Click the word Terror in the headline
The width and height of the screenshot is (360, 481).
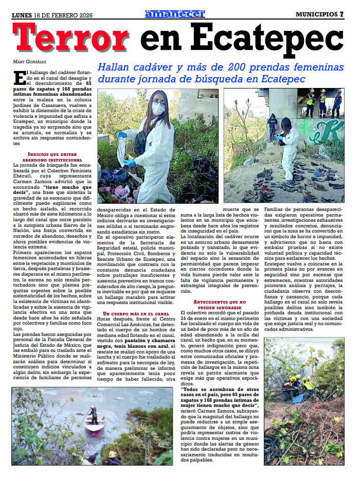point(71,38)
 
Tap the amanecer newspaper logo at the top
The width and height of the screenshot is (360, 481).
point(174,14)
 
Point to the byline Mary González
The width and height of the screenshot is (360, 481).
point(28,62)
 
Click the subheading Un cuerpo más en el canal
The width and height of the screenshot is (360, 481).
point(136,313)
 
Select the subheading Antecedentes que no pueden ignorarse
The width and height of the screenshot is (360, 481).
point(220,305)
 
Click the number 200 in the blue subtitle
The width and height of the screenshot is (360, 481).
point(208,67)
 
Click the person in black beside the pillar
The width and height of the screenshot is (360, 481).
point(272,127)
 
